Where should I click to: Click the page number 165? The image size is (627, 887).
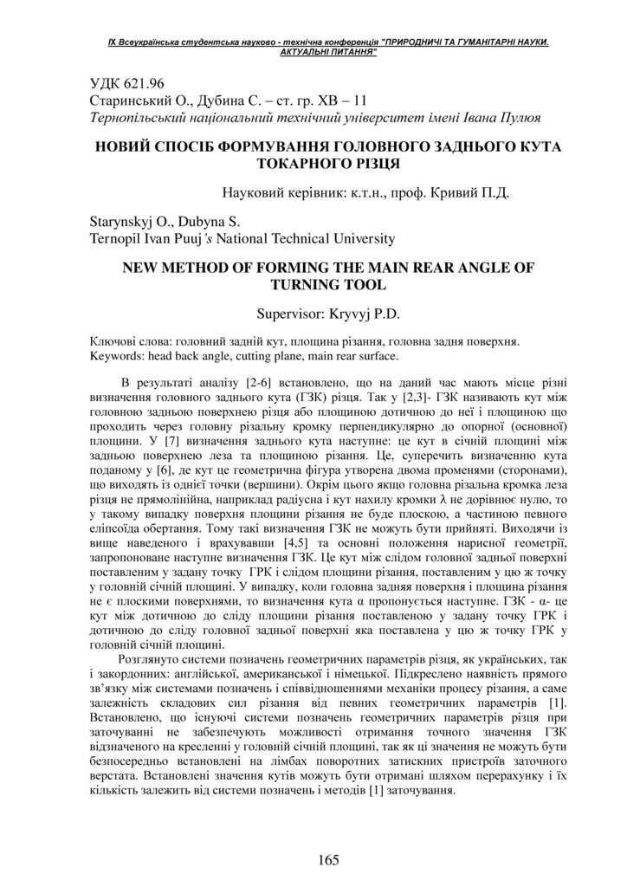click(328, 859)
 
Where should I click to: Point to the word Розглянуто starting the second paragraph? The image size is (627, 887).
click(162, 659)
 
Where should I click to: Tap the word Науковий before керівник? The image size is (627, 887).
click(255, 192)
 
